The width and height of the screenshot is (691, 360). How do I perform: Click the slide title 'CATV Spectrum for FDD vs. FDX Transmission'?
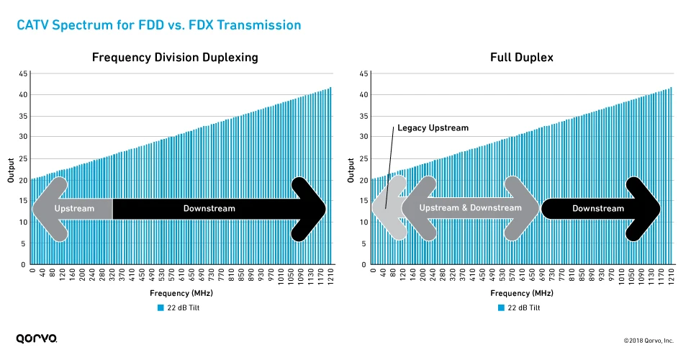[x=158, y=25]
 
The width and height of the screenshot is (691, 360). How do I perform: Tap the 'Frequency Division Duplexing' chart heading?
[x=175, y=58]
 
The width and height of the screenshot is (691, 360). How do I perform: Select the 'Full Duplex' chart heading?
[x=521, y=58]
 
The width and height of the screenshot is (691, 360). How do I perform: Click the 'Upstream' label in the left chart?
[x=75, y=209]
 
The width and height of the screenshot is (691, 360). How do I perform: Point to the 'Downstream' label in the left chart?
[x=209, y=209]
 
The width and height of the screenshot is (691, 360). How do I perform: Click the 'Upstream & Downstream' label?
[x=470, y=208]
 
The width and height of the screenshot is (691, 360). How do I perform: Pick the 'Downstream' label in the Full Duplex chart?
[x=598, y=209]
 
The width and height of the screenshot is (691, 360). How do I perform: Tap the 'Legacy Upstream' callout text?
[x=433, y=128]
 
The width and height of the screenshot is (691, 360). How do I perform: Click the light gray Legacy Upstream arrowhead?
[x=385, y=208]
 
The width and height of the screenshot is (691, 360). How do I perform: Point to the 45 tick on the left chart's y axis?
[x=24, y=73]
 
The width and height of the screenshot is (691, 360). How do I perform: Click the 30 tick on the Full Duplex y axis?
[x=364, y=137]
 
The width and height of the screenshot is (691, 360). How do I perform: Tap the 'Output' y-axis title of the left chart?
[x=11, y=169]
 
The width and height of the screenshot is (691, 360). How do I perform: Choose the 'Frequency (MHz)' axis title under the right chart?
[x=521, y=293]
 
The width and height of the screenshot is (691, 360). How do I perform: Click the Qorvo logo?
[x=37, y=338]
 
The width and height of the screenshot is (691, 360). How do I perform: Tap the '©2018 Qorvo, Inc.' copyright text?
[x=648, y=340]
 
